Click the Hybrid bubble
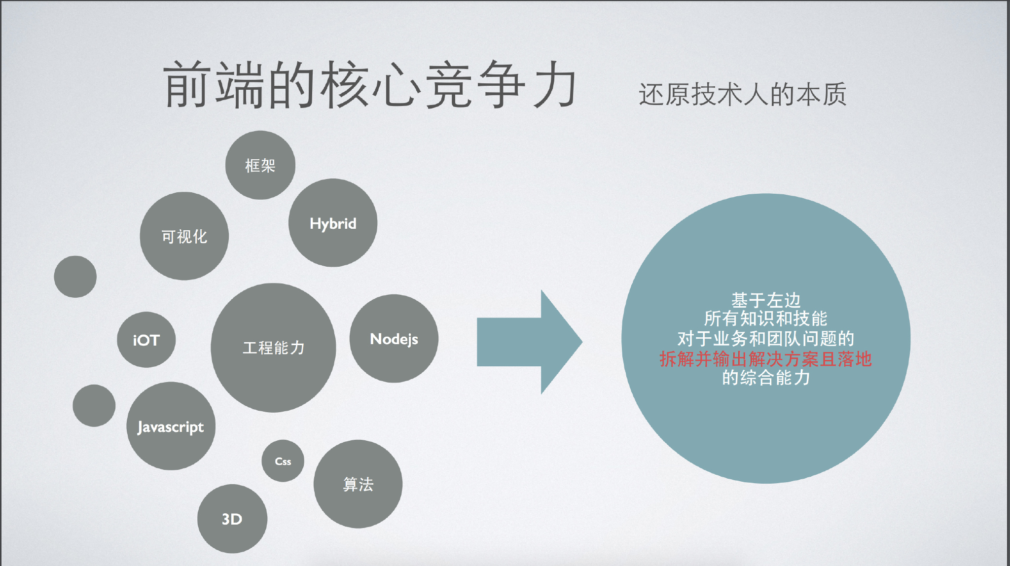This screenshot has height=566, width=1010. click(x=333, y=223)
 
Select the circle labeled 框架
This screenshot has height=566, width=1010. click(x=260, y=165)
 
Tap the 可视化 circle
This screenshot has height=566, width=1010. click(x=184, y=236)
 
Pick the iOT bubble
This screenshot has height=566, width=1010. click(x=146, y=340)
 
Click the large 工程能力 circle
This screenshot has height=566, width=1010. click(x=273, y=348)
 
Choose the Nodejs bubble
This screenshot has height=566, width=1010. click(x=394, y=339)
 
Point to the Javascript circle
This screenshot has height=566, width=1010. click(x=171, y=426)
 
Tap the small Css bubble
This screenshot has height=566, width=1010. click(x=283, y=461)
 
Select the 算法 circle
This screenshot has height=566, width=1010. click(x=358, y=484)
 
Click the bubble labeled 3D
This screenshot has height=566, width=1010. click(x=232, y=519)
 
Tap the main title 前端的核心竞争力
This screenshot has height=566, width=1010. click(x=370, y=85)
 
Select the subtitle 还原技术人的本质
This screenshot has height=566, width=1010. click(x=742, y=94)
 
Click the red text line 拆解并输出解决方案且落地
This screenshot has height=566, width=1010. click(x=765, y=359)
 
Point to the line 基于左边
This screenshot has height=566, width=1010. click(x=765, y=300)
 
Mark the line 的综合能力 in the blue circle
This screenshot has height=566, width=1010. click(x=765, y=378)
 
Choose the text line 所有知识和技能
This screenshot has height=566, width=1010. click(x=765, y=319)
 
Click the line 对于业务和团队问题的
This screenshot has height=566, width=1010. click(x=765, y=339)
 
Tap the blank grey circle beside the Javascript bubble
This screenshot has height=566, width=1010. click(x=94, y=405)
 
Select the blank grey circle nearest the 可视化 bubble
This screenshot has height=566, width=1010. click(x=75, y=277)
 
